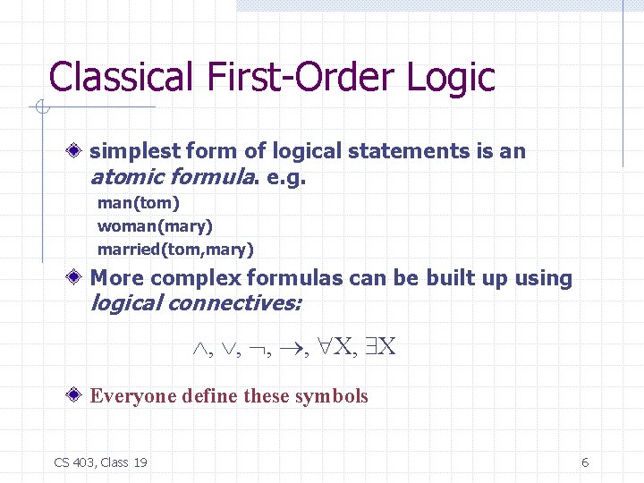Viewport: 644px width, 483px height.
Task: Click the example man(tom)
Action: pyautogui.click(x=139, y=203)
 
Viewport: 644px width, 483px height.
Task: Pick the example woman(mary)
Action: pyautogui.click(x=155, y=226)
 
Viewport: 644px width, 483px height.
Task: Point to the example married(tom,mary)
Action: pyautogui.click(x=175, y=249)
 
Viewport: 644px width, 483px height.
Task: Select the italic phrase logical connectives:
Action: pyautogui.click(x=196, y=303)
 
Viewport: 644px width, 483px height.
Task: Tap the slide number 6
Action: pyautogui.click(x=585, y=462)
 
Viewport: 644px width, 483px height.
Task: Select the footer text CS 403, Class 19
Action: pyautogui.click(x=101, y=462)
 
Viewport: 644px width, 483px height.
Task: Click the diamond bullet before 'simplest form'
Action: pyautogui.click(x=80, y=152)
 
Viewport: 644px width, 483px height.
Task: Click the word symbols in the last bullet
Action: pyautogui.click(x=335, y=396)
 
